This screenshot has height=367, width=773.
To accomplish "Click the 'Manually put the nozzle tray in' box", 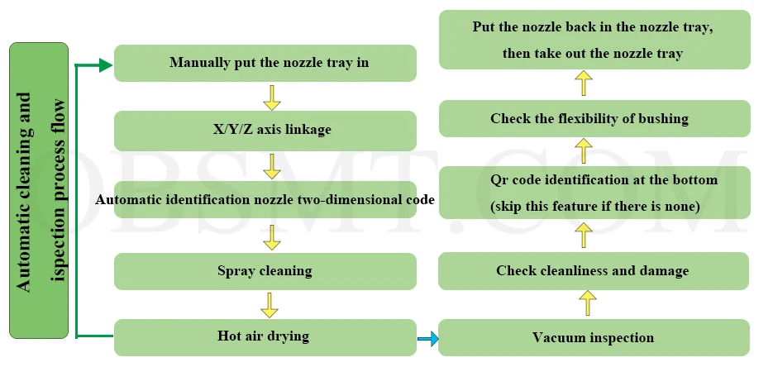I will coord(265,63).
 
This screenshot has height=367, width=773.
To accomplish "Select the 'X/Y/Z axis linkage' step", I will coord(265,131).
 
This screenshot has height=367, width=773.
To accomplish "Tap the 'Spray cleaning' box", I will coord(265,270).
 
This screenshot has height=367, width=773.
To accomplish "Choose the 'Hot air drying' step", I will coord(265,336).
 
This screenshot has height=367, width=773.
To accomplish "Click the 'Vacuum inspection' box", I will coord(594,337).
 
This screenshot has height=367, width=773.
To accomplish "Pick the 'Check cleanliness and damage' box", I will coord(594,271).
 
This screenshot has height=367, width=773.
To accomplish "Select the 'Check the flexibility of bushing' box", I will coord(594,118).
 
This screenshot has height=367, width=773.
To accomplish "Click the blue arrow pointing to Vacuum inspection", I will coord(427,338).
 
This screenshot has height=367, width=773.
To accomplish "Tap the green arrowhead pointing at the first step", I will coord(105,64).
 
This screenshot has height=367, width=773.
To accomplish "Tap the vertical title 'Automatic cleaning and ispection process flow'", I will coord(39,191).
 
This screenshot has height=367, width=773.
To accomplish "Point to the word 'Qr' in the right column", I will coord(500,179).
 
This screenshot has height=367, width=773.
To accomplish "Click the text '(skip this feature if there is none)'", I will coord(594,206).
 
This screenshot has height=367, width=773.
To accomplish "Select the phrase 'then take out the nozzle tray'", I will coord(593,54).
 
